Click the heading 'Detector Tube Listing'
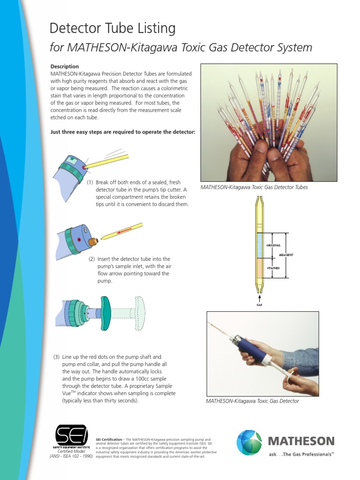click(112, 29)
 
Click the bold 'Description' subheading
click(65, 67)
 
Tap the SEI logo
click(71, 435)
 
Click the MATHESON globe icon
click(249, 442)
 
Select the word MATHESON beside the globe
click(301, 441)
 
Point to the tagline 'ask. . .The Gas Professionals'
click(301, 454)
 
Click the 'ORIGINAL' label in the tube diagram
click(273, 245)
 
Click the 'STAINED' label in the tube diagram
click(273, 268)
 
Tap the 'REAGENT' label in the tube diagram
click(286, 255)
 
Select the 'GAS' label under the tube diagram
click(259, 305)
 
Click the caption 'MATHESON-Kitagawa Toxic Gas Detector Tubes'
click(255, 187)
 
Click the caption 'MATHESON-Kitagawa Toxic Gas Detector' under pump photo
click(252, 401)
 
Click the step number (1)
click(90, 182)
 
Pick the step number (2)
click(91, 259)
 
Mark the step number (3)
click(56, 357)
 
